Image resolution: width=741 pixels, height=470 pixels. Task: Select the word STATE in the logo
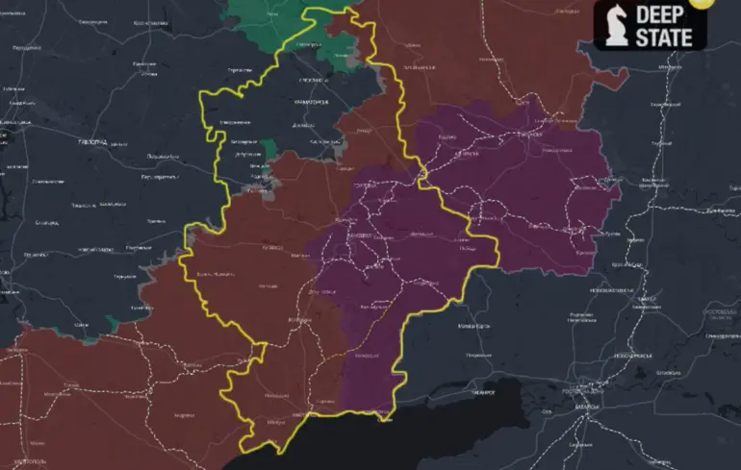(664, 37)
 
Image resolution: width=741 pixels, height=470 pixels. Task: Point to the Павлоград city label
(92, 140)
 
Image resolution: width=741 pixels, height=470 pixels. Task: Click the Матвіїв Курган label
(474, 327)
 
